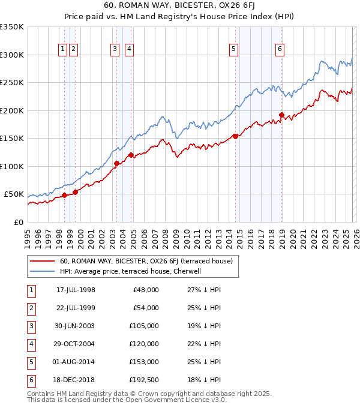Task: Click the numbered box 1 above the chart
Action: [x=62, y=50]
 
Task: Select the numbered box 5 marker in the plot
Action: [x=233, y=50]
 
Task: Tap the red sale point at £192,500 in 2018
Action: [x=281, y=115]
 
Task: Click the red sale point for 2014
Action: [x=235, y=136]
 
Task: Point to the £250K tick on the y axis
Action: [x=12, y=83]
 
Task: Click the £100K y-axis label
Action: [x=12, y=166]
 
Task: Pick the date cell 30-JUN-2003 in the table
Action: [x=76, y=325]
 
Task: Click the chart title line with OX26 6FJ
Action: [x=179, y=7]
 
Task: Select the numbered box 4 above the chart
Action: [x=129, y=50]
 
